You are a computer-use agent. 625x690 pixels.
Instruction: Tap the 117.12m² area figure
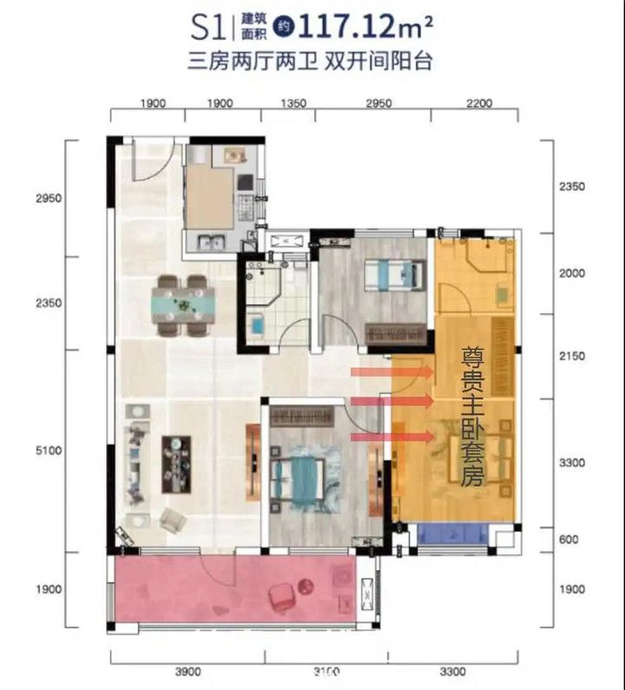365,26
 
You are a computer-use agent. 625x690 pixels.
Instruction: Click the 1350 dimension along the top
293,103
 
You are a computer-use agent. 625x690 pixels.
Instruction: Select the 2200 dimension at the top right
479,103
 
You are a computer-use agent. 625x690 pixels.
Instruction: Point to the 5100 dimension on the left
49,450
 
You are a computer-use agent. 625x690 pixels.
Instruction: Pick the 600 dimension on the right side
569,539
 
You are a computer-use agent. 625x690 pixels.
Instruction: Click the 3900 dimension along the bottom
188,672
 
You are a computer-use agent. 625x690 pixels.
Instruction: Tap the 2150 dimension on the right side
572,356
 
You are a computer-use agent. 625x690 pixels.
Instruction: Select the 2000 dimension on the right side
572,273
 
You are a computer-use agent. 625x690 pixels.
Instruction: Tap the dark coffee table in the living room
176,464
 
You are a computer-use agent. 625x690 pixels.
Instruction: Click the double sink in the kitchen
211,241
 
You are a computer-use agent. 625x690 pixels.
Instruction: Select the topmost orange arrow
392,372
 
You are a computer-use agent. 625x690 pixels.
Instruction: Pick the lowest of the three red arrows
392,437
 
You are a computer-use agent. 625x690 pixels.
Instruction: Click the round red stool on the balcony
306,586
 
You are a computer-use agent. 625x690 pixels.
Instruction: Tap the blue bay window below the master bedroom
452,534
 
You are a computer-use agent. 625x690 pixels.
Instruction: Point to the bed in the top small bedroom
395,275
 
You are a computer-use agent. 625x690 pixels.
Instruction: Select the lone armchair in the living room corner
172,520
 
